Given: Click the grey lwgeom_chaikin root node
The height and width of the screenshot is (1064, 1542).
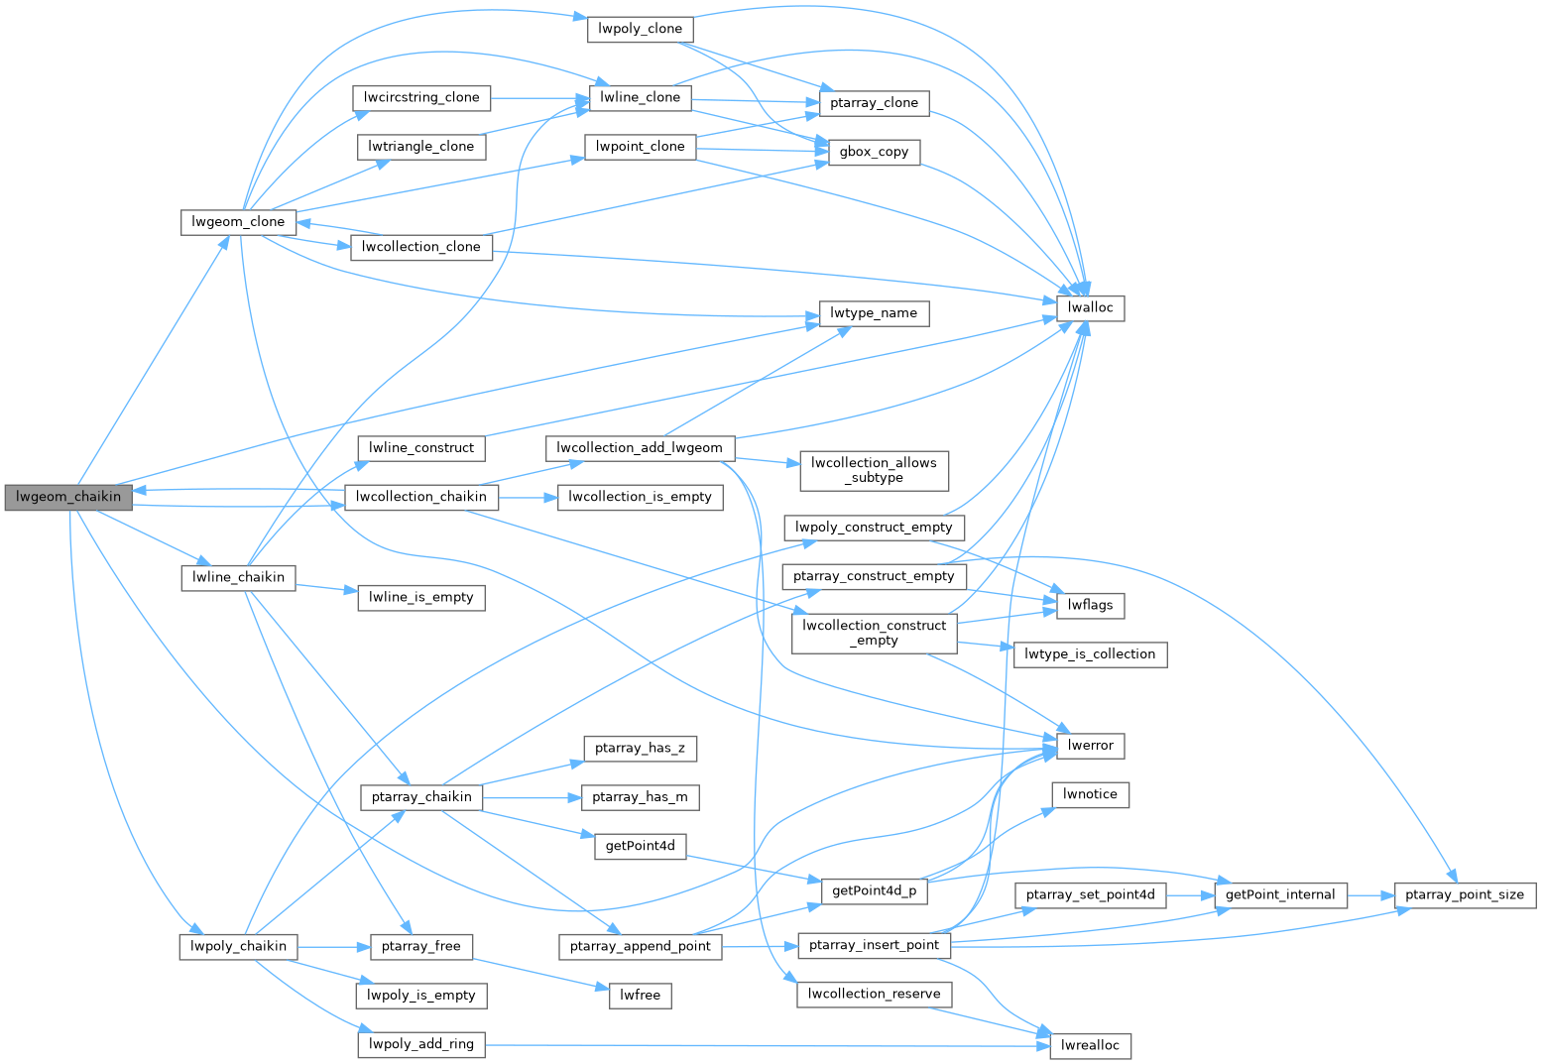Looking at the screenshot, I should click(68, 497).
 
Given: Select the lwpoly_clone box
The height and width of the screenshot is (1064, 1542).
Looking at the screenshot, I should click(640, 29).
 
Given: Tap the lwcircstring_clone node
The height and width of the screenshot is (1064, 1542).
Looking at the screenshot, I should click(421, 97).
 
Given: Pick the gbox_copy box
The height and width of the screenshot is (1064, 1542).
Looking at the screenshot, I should click(874, 152).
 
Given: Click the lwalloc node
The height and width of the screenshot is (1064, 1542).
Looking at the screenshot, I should click(1091, 307).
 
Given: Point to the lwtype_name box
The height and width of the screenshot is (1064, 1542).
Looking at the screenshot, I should click(874, 313).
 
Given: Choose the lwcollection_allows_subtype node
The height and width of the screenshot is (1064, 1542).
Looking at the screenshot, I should click(874, 470).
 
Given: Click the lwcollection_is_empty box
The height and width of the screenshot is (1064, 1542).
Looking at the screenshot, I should click(640, 497).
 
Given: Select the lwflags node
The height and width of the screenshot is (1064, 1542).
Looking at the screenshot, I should click(1091, 605).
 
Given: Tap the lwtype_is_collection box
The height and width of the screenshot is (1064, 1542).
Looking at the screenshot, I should click(1090, 654).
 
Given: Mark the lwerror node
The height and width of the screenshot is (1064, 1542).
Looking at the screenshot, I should click(1091, 745).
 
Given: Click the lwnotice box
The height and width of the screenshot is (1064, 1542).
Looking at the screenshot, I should click(1090, 794).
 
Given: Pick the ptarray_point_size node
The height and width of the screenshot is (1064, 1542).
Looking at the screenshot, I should click(1465, 894).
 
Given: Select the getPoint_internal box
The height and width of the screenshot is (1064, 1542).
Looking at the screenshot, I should click(1280, 894).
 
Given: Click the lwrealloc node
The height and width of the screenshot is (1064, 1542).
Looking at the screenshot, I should click(1090, 1045).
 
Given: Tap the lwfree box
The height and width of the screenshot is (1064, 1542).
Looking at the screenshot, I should click(640, 995).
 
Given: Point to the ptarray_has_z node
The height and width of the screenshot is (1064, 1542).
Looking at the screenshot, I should click(640, 748).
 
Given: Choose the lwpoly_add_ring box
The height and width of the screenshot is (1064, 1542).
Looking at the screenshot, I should click(421, 1043).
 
